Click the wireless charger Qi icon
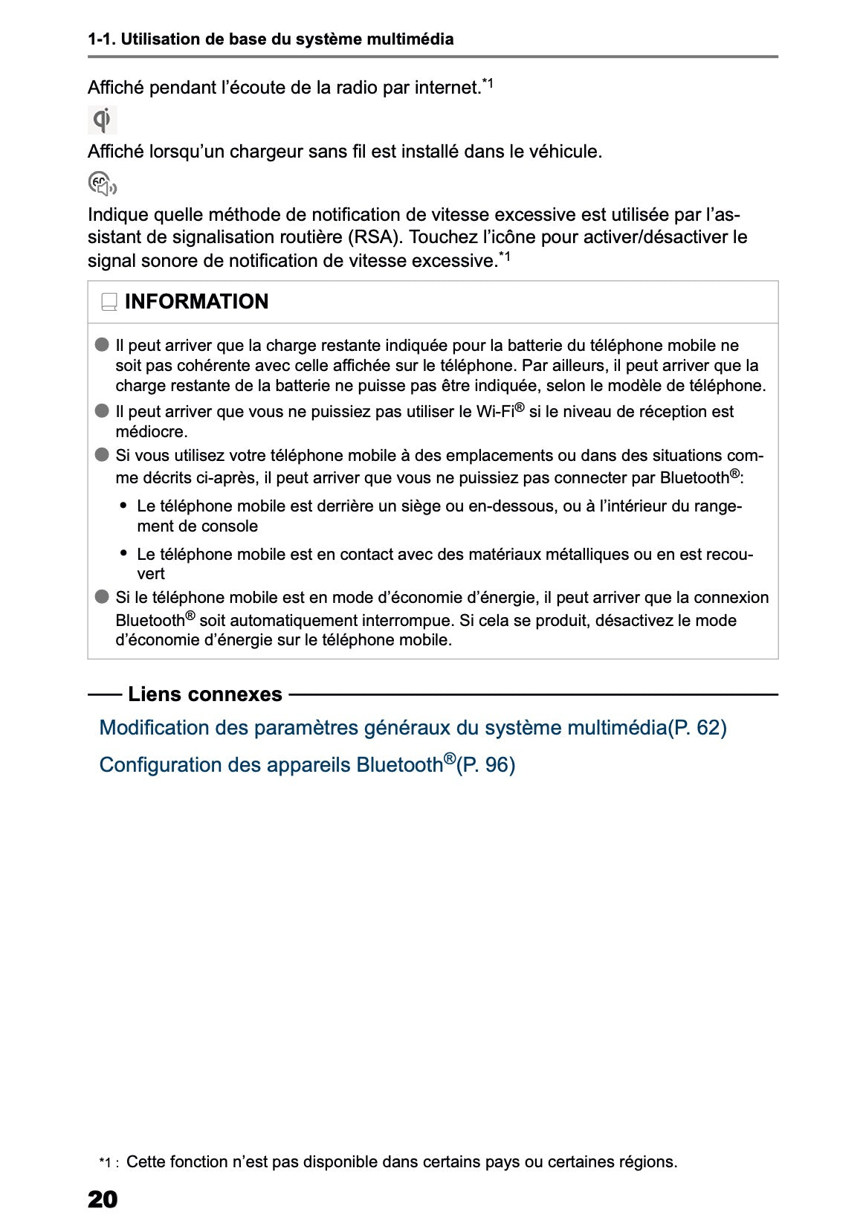coord(103,120)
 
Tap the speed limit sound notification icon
coord(102,184)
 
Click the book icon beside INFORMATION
coord(109,302)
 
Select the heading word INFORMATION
coord(196,302)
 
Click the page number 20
coord(103,1199)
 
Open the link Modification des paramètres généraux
coord(382,727)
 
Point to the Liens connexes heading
coord(204,694)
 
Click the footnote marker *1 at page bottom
coord(108,1162)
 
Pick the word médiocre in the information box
coord(151,431)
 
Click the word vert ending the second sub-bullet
coord(151,573)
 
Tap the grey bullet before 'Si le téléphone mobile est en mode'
coord(102,597)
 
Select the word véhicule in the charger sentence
coord(563,152)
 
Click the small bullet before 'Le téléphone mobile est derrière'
coord(123,506)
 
